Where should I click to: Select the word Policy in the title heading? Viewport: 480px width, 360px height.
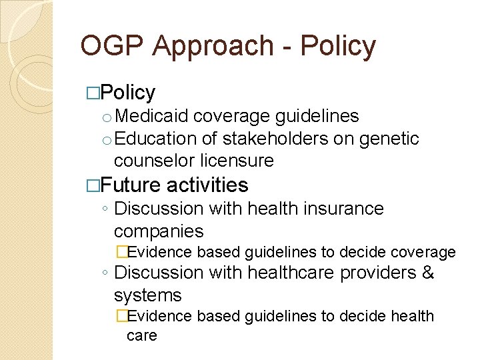[338, 46]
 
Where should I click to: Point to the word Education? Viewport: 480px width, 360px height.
[157, 139]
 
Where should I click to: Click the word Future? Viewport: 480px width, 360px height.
[131, 185]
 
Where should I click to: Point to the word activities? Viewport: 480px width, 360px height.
[207, 185]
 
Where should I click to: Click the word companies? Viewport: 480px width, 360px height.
[159, 231]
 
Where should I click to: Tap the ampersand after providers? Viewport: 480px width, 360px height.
[428, 273]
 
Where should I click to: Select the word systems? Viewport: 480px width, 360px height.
[147, 295]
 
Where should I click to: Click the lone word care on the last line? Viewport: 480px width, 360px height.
[141, 335]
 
